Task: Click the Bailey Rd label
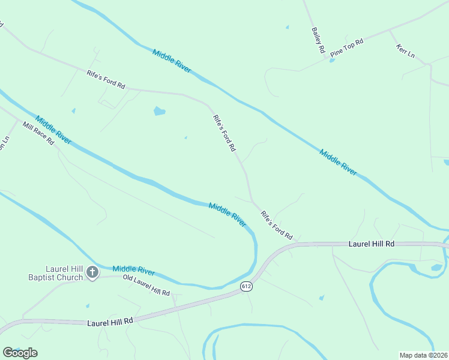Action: tap(318, 40)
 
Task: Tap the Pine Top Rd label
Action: tap(347, 49)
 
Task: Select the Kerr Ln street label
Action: tap(406, 51)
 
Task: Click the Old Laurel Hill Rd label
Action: tap(146, 284)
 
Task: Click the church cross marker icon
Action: tap(92, 273)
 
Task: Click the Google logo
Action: tap(20, 353)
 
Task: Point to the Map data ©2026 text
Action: tap(424, 355)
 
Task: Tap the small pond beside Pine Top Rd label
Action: tap(332, 60)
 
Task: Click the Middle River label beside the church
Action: tap(133, 271)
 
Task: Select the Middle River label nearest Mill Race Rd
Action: tap(53, 130)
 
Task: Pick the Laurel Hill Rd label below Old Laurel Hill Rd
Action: tap(109, 322)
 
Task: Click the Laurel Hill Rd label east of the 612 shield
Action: tap(372, 244)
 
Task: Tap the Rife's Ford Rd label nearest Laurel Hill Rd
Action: tap(276, 224)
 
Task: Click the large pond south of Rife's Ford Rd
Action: tap(159, 111)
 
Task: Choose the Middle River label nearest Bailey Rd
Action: tap(172, 61)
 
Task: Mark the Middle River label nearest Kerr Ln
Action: tap(338, 162)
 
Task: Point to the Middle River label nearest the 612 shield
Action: tap(228, 214)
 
